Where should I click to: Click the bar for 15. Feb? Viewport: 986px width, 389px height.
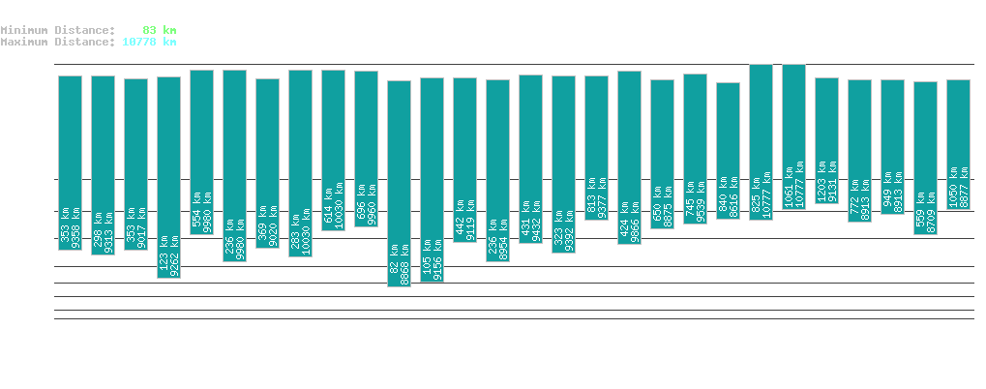point(399,184)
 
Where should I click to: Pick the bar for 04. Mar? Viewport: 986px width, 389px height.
point(958,145)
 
